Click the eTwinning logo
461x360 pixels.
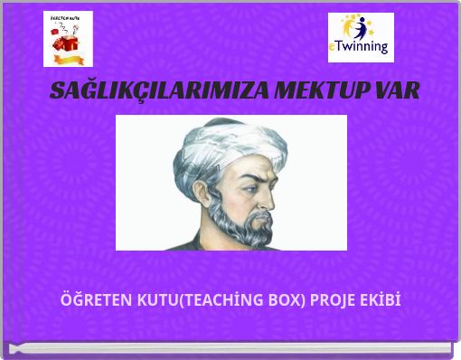[361, 37]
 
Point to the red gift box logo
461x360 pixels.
[68, 39]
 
